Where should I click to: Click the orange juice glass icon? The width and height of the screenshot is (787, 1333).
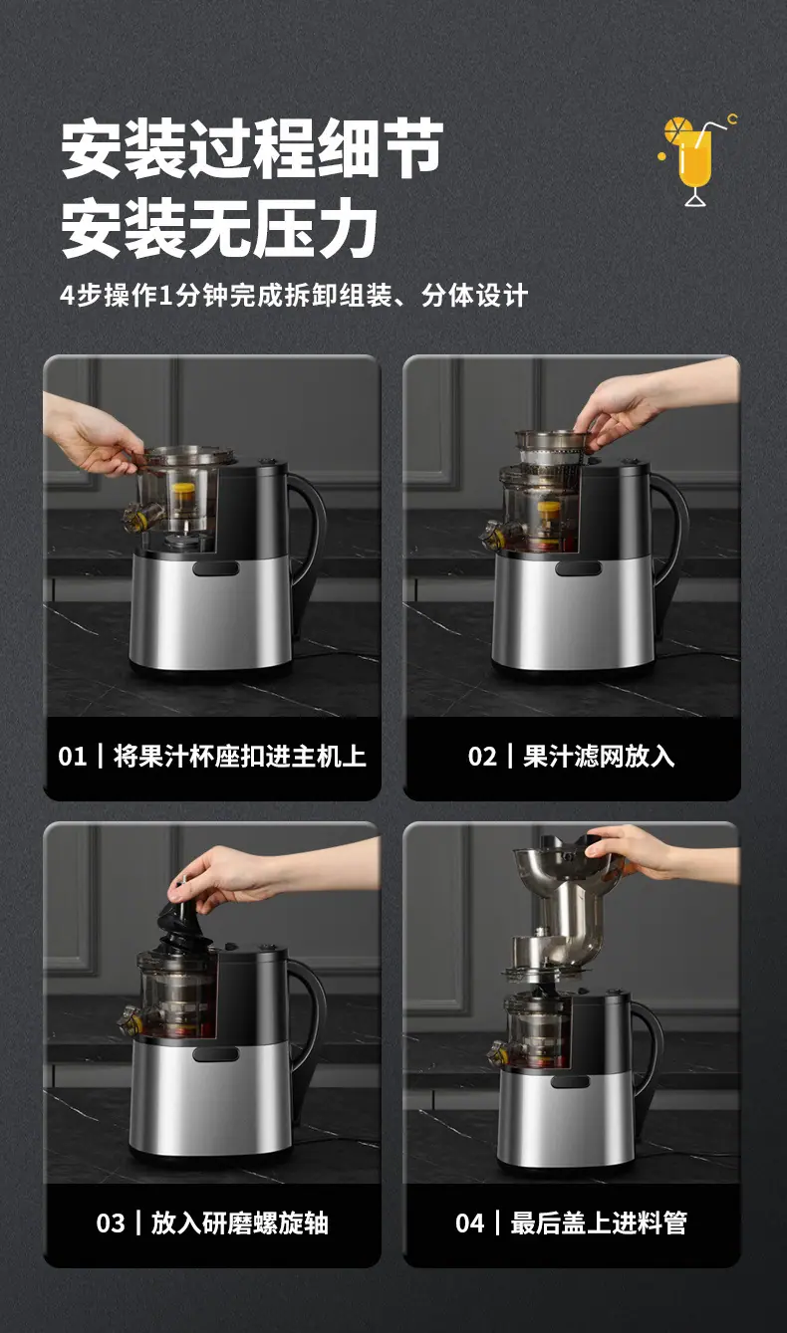pyautogui.click(x=697, y=160)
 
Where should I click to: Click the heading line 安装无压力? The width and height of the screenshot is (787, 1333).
pyautogui.click(x=219, y=228)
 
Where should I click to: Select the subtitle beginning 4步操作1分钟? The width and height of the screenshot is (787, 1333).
pyautogui.click(x=294, y=295)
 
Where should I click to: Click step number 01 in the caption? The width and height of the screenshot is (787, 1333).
pyautogui.click(x=72, y=757)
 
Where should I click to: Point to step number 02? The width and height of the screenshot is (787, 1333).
pyautogui.click(x=481, y=757)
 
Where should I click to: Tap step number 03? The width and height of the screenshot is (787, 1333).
pyautogui.click(x=111, y=1222)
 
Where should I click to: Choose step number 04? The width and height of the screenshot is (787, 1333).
pyautogui.click(x=469, y=1222)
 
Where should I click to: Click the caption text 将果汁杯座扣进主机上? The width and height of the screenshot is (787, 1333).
pyautogui.click(x=239, y=757)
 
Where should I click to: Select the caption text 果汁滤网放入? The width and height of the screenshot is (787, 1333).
pyautogui.click(x=599, y=757)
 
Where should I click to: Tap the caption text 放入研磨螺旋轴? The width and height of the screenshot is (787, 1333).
pyautogui.click(x=239, y=1222)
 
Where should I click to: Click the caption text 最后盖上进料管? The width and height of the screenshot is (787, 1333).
pyautogui.click(x=599, y=1222)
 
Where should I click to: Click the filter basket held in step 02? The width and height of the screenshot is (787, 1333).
pyautogui.click(x=551, y=449)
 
